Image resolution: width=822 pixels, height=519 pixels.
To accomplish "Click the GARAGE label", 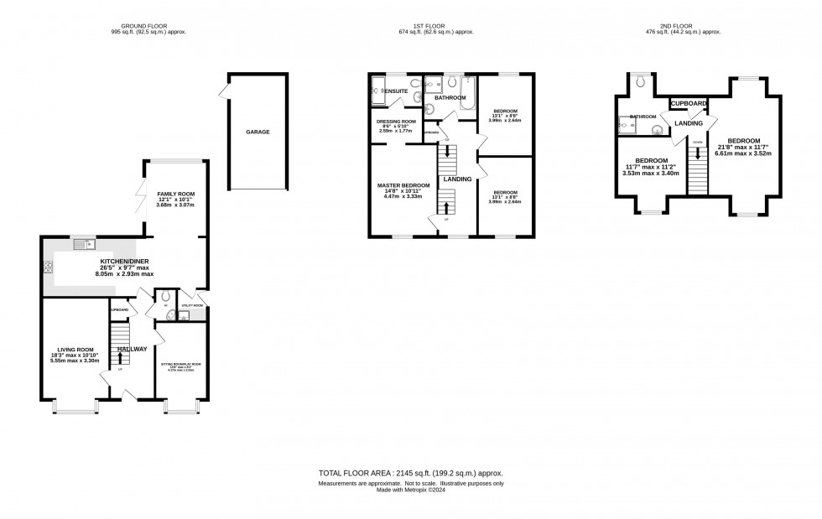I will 258,132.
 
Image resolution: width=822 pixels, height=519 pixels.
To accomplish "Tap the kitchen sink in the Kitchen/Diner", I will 84,244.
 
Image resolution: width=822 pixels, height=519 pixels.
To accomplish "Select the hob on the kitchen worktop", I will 49,268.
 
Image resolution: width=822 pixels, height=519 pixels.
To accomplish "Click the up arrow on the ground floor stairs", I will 121,357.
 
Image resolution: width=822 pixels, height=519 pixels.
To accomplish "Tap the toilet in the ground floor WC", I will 164,297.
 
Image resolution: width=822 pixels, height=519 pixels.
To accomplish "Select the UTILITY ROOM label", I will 192,306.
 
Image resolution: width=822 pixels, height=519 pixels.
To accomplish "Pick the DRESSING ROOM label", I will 396,122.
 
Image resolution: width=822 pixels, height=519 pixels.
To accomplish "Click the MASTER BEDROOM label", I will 403,185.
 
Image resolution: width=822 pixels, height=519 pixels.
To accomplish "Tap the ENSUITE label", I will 395,90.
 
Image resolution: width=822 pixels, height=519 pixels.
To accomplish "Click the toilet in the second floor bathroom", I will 642,81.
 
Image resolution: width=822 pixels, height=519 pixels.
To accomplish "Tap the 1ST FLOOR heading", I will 436,25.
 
